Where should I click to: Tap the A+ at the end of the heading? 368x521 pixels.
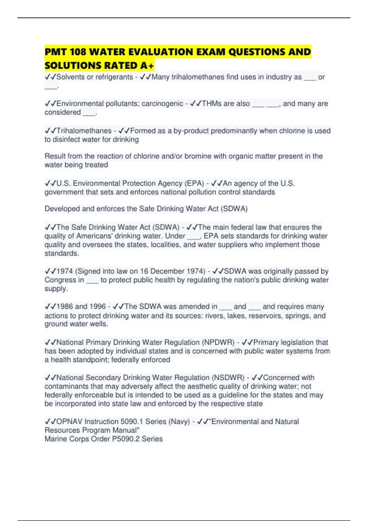(x=147, y=66)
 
